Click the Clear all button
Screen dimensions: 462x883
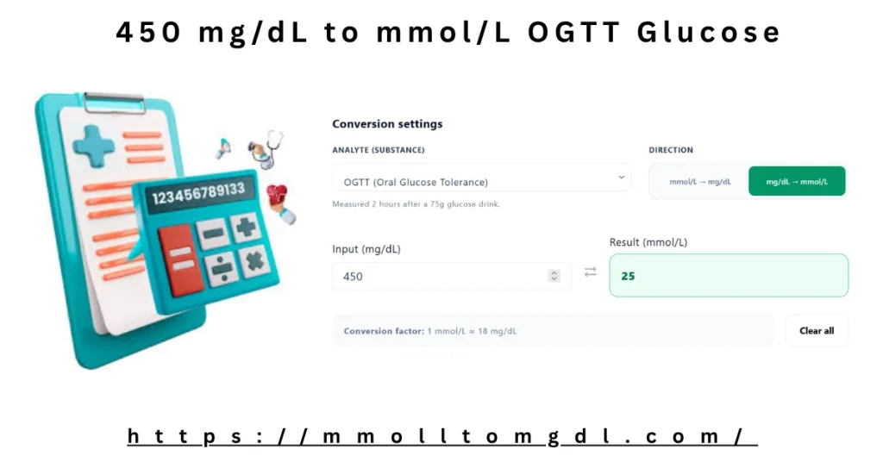[x=816, y=331]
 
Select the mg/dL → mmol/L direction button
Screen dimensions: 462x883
[x=797, y=182]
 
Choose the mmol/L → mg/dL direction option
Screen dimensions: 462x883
[x=699, y=182]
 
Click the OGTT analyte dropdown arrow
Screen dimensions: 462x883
[x=621, y=178]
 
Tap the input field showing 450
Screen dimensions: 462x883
[x=440, y=277]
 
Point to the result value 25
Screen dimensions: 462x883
[x=628, y=277]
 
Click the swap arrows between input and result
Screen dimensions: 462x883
[x=590, y=272]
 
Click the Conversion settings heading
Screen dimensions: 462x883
[x=387, y=124]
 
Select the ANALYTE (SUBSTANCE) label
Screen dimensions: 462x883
[x=378, y=150]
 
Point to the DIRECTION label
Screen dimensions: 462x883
[x=671, y=150]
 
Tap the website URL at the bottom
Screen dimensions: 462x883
[x=441, y=437]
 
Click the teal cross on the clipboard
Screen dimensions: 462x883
[x=93, y=146]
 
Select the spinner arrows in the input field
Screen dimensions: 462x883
[x=554, y=276]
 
